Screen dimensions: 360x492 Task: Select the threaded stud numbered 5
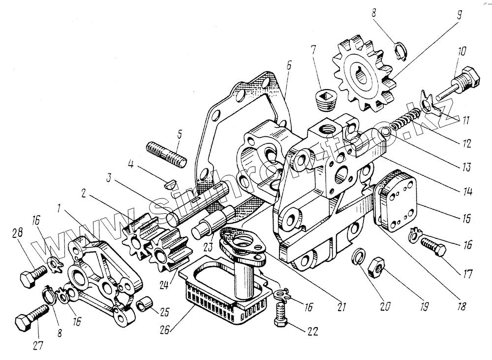[x=165, y=153]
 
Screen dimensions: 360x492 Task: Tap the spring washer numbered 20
[x=359, y=257]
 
